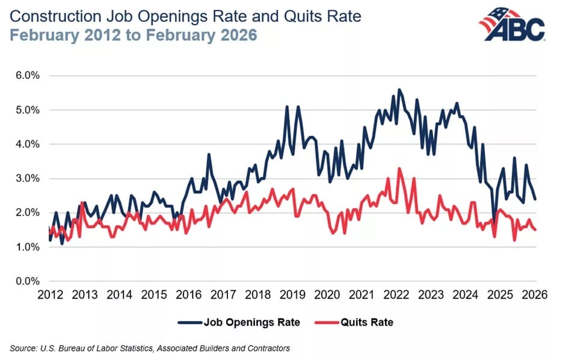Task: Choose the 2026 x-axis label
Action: point(535,294)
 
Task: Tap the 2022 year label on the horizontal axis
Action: point(396,294)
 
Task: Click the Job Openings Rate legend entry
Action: point(241,322)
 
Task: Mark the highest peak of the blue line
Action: point(399,89)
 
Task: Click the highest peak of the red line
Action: point(399,168)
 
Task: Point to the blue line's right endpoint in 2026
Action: point(535,199)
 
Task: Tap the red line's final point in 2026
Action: point(535,229)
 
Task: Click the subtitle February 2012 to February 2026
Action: point(133,35)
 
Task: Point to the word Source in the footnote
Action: point(22,347)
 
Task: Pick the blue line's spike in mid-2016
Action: point(209,155)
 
